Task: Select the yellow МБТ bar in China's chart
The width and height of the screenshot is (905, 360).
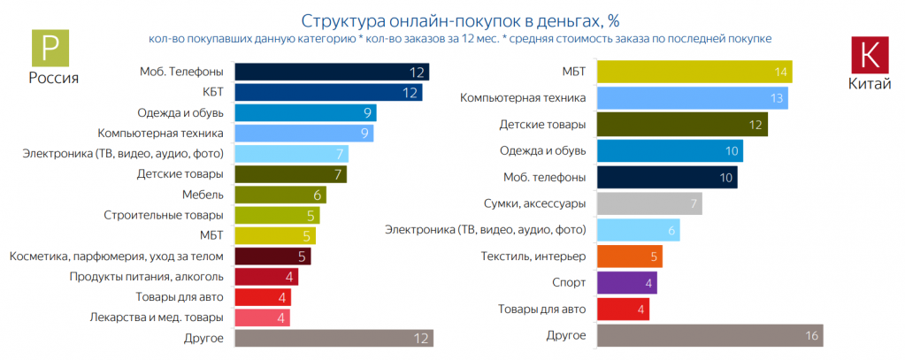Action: tap(694, 72)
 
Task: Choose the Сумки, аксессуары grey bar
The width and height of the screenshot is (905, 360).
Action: tap(650, 204)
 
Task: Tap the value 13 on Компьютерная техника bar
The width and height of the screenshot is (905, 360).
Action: tap(776, 98)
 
